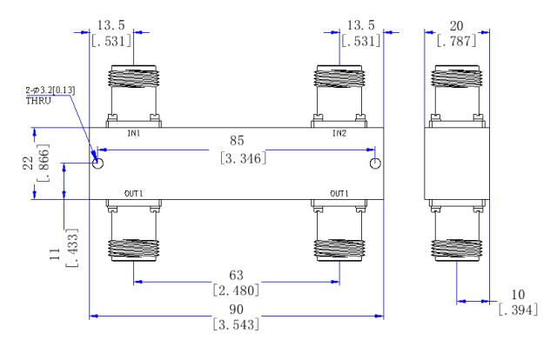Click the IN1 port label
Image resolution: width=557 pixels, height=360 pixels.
(134, 134)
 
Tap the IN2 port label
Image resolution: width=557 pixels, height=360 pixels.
(339, 134)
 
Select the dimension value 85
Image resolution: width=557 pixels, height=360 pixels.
(237, 141)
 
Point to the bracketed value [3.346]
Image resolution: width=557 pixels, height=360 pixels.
(243, 158)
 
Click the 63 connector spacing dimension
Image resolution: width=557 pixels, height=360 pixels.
(236, 275)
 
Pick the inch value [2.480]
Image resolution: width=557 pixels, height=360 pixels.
(236, 290)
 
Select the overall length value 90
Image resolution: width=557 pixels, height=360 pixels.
(236, 310)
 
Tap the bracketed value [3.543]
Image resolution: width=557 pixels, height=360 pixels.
(236, 324)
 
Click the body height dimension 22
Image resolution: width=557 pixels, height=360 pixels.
(28, 163)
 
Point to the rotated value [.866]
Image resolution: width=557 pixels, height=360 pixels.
(43, 163)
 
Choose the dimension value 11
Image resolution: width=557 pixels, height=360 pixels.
(55, 254)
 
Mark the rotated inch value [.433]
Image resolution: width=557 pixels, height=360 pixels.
(71, 248)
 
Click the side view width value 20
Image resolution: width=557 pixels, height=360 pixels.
(456, 26)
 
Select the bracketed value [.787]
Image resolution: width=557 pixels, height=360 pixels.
(456, 41)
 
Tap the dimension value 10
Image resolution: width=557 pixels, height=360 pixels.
(518, 295)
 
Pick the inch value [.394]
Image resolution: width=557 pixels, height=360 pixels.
(518, 310)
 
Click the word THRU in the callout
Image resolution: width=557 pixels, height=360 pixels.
(38, 101)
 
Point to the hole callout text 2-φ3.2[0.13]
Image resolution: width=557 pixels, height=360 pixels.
(50, 90)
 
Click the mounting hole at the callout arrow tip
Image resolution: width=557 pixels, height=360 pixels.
(97, 163)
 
